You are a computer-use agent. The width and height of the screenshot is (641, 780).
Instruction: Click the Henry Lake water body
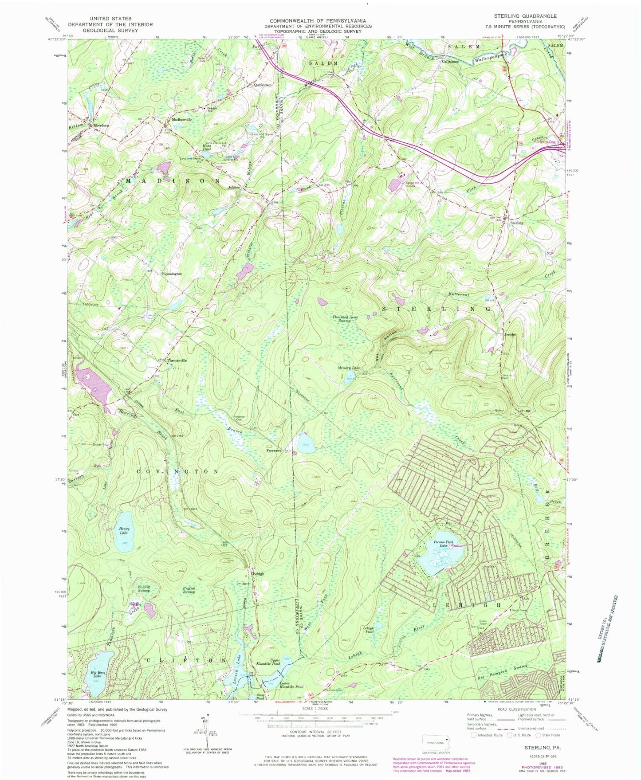tap(124, 537)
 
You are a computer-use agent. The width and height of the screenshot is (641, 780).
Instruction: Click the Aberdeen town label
tap(101, 125)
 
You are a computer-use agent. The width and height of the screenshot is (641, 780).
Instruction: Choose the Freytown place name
tap(273, 451)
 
